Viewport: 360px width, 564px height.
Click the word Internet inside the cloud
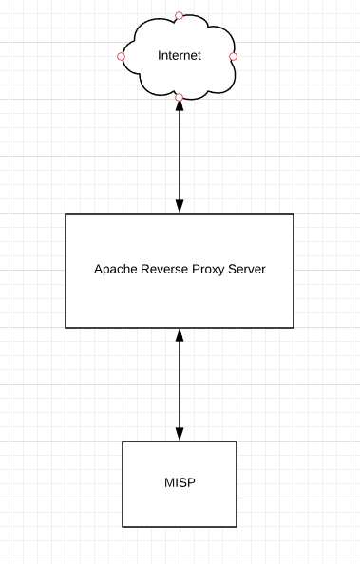(x=179, y=56)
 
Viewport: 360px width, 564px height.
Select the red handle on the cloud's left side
(x=121, y=57)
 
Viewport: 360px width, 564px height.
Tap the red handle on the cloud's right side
(x=233, y=57)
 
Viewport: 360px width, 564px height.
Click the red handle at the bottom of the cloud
(x=179, y=98)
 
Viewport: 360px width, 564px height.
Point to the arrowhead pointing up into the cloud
(x=179, y=106)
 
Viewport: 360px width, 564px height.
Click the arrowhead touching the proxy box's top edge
(x=179, y=206)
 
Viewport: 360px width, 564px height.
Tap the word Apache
(x=114, y=270)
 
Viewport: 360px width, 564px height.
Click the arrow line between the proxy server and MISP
(x=179, y=385)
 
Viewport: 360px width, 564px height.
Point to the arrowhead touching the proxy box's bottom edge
(x=179, y=335)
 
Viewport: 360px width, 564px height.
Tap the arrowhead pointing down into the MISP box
(x=179, y=434)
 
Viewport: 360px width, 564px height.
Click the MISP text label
(x=179, y=484)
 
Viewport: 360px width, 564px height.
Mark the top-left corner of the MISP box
(x=123, y=442)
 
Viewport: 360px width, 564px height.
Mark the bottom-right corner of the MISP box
(x=237, y=527)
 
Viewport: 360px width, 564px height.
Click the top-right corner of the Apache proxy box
(x=294, y=214)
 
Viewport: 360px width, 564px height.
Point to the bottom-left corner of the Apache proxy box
(x=66, y=328)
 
